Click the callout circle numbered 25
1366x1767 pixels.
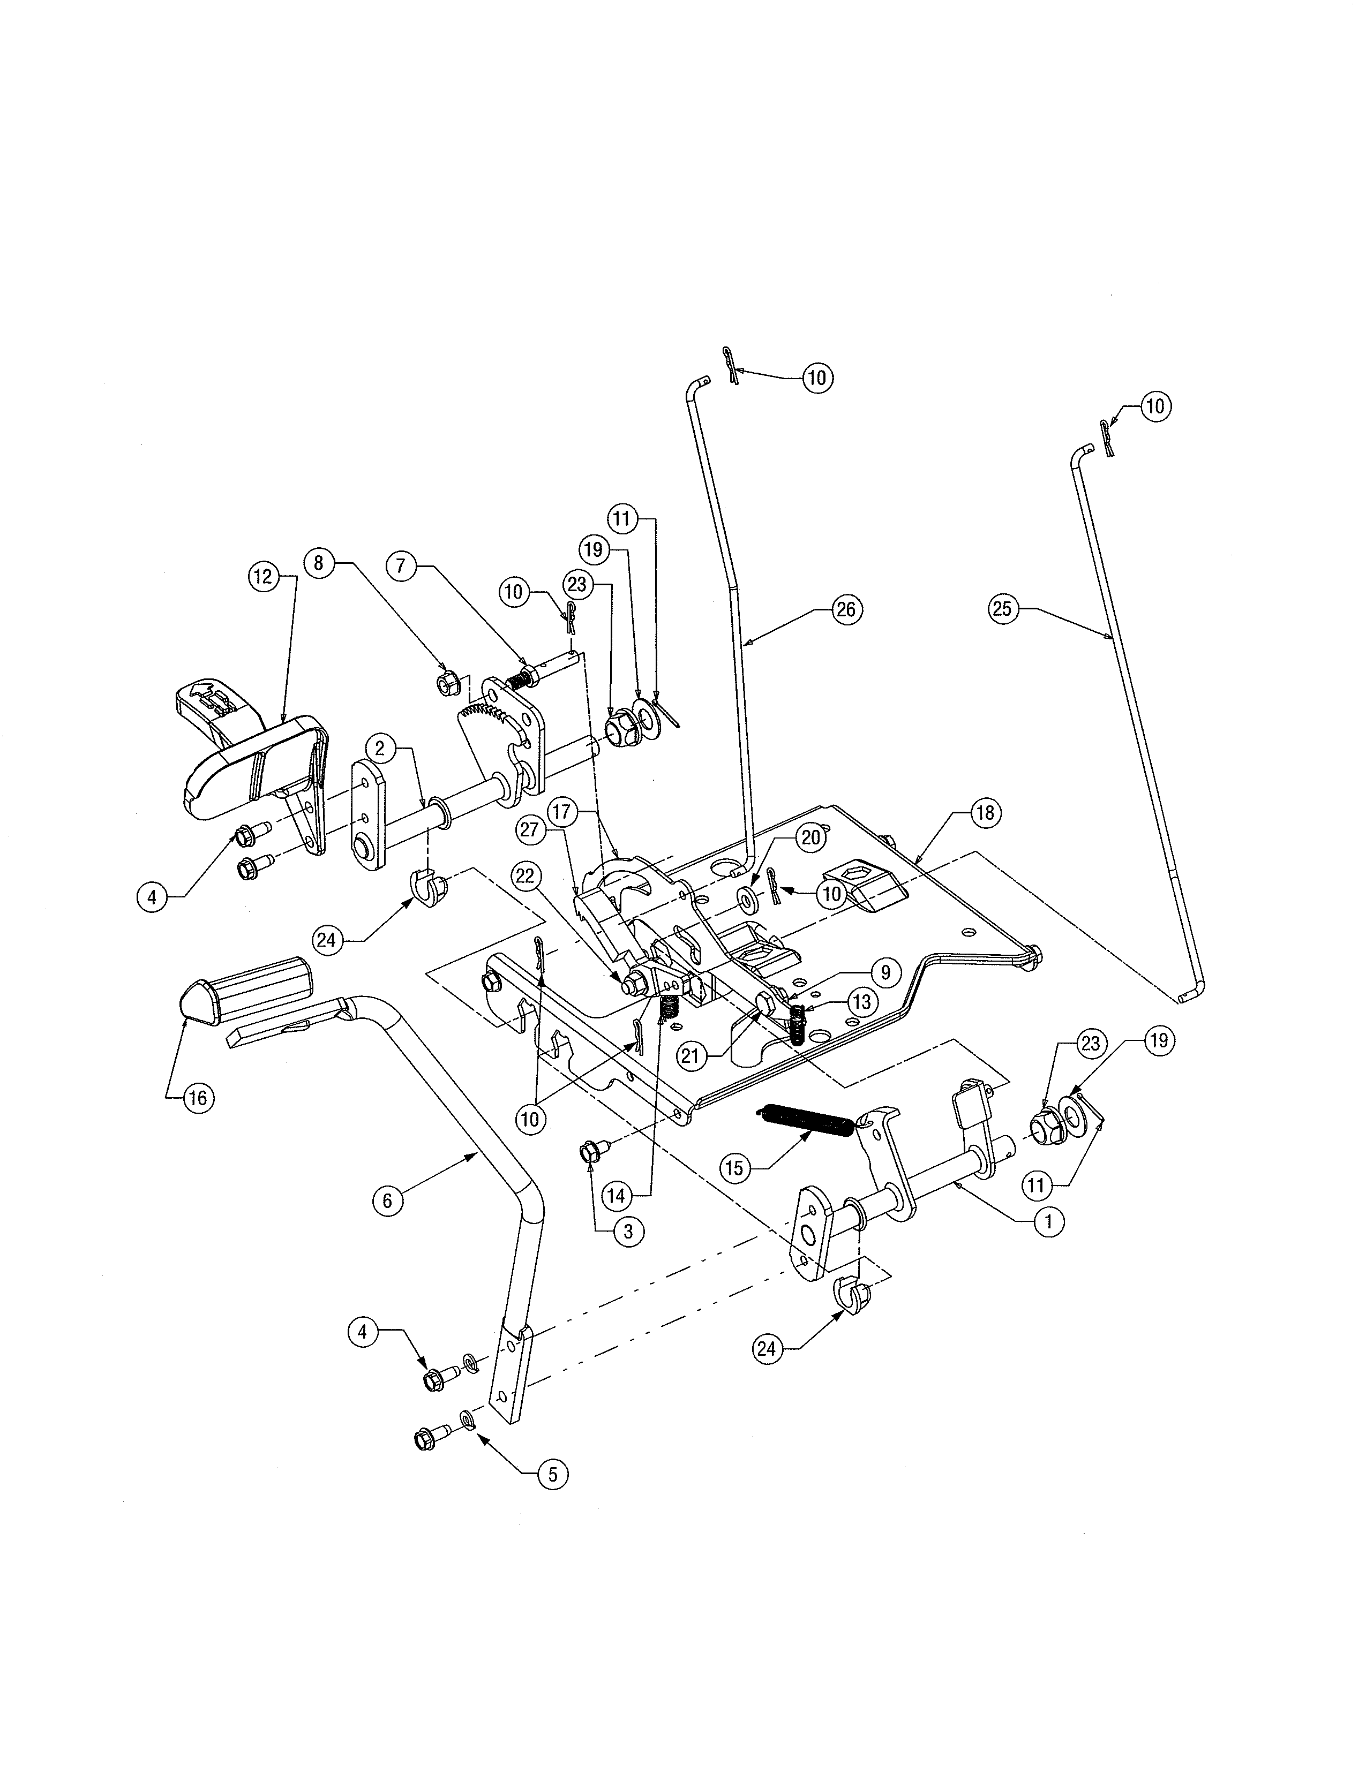pos(1002,608)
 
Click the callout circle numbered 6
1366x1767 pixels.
pos(387,1200)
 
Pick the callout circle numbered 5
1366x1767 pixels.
pos(553,1474)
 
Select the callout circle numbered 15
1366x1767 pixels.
pos(734,1167)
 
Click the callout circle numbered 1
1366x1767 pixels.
pos(1049,1222)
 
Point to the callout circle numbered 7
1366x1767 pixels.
pos(401,567)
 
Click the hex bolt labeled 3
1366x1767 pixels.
pos(588,1152)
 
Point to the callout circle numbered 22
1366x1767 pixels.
pos(526,876)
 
